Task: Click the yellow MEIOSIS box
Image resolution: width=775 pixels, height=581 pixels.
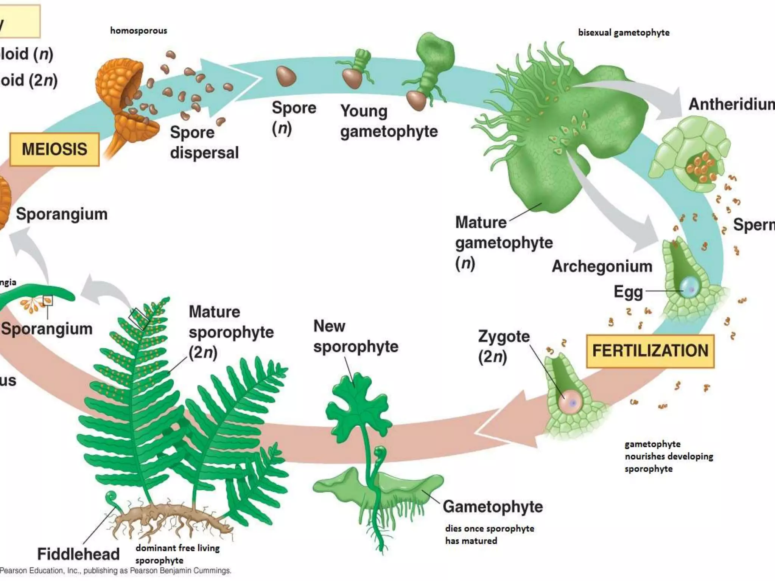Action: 54,149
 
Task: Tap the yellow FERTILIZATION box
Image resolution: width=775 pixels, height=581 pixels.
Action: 650,351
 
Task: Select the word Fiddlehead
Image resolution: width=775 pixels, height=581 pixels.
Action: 78,554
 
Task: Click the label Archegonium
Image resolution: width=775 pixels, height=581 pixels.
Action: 602,266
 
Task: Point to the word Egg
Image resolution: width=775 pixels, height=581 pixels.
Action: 628,292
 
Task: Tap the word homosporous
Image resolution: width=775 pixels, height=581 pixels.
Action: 139,31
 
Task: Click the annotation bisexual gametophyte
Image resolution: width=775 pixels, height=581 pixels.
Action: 624,33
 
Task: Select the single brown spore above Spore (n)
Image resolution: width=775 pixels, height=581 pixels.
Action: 286,76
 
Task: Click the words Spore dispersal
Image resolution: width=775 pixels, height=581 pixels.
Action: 204,143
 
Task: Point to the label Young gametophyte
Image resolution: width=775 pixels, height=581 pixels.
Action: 389,121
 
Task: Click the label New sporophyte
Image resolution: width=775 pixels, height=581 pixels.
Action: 355,336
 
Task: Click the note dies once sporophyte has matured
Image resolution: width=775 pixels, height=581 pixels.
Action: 489,534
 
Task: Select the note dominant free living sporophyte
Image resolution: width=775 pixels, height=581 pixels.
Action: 177,554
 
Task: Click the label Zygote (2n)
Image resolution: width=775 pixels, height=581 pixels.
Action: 503,346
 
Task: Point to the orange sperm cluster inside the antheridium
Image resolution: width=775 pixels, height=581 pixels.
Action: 701,166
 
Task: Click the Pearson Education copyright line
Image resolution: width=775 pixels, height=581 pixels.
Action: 115,570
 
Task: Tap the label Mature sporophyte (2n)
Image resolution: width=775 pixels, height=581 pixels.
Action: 231,332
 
